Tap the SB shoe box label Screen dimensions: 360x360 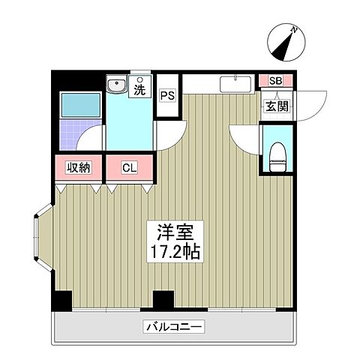coord(275,81)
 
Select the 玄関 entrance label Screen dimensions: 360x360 coord(275,106)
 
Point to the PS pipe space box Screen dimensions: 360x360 coord(167,96)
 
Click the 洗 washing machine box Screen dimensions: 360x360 coord(139,88)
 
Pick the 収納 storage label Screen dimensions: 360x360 coord(78,167)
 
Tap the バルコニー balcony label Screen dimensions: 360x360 coord(173,326)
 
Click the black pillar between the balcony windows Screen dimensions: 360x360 coord(161,300)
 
